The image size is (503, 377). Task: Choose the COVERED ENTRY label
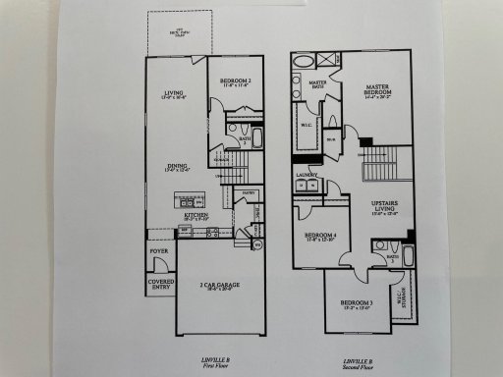(x=160, y=285)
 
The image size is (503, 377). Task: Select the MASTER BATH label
(x=318, y=84)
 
